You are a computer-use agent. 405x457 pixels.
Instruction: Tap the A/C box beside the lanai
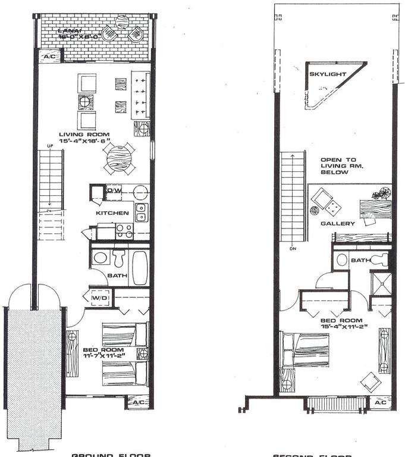tap(48, 57)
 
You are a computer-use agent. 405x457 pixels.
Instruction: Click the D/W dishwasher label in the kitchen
tap(114, 190)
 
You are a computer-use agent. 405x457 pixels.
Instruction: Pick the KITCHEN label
tap(112, 212)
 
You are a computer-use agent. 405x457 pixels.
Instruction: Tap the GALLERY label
tap(338, 224)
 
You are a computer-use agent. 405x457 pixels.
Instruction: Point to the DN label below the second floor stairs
tap(293, 249)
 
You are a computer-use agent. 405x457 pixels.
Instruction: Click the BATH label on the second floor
tap(360, 260)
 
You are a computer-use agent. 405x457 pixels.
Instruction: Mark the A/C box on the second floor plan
tap(380, 403)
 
